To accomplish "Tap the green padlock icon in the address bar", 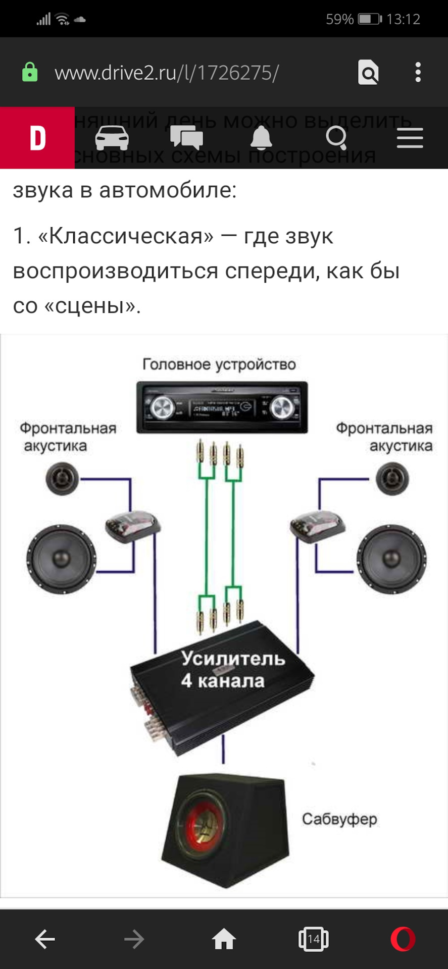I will [30, 72].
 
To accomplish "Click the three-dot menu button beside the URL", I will [418, 72].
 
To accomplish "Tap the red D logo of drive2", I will [37, 138].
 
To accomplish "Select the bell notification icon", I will [261, 138].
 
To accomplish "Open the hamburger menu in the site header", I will [410, 138].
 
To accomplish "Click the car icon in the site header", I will [112, 138].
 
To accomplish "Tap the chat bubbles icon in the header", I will [186, 138].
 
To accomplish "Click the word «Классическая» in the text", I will [125, 236].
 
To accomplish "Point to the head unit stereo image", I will [222, 407].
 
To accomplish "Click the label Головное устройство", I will [219, 364].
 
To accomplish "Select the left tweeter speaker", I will [63, 478].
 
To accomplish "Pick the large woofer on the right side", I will [391, 559].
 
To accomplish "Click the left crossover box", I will [132, 526].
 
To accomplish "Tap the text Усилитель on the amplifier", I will [233, 658].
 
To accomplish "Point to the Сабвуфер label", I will [339, 819].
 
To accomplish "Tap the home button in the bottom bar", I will [224, 939].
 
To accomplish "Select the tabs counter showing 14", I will [313, 939].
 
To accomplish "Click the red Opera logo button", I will [403, 939].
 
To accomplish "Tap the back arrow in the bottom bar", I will [45, 939].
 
